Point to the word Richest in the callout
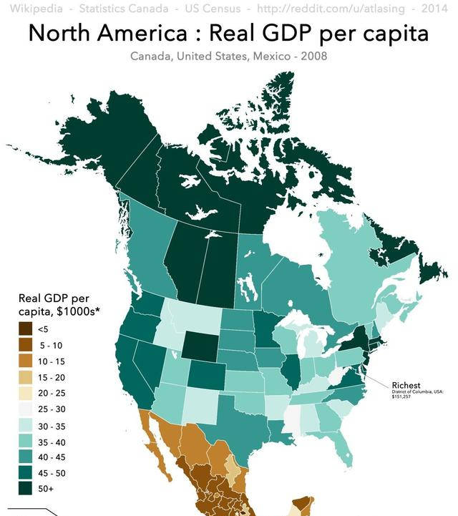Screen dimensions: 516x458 pyautogui.click(x=406, y=385)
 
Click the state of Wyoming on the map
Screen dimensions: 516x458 pyautogui.click(x=200, y=346)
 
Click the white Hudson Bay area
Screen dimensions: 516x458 pyautogui.click(x=301, y=236)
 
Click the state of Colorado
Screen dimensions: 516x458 pyautogui.click(x=207, y=376)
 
